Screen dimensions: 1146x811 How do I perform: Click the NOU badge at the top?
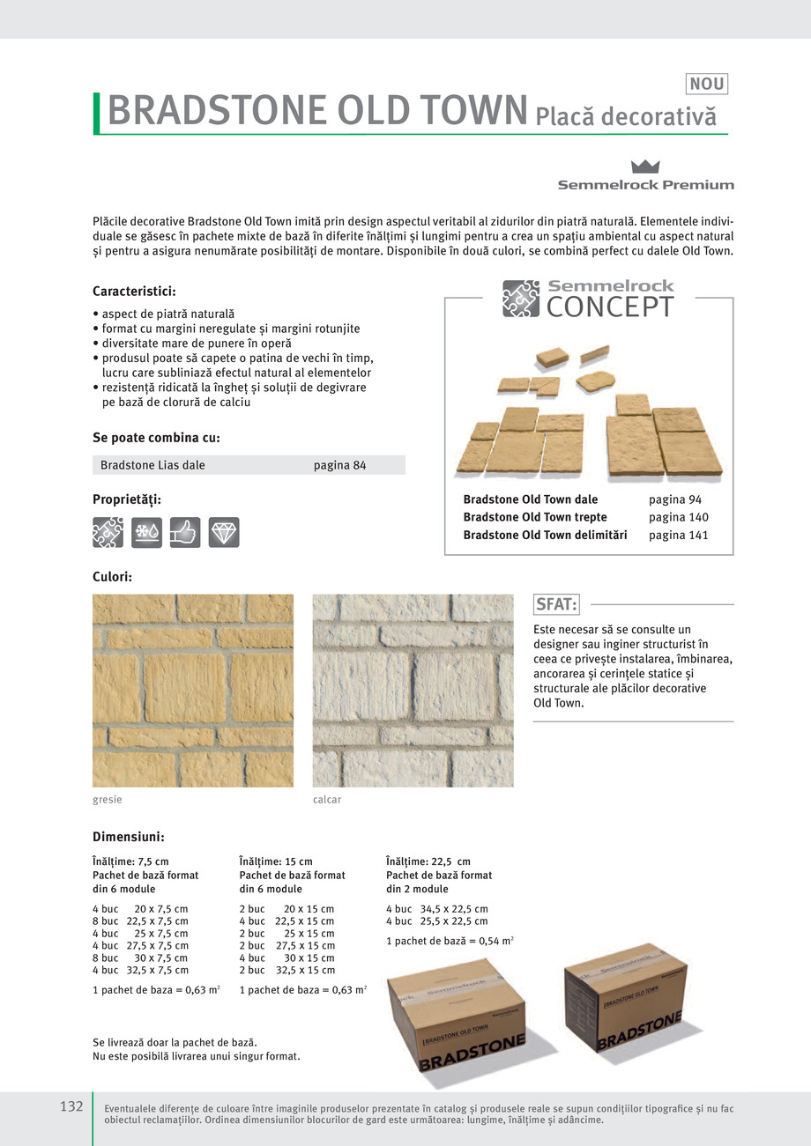tap(706, 85)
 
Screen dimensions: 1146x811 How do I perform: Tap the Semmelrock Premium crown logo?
tap(646, 166)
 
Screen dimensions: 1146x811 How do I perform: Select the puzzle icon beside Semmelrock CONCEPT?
tap(520, 298)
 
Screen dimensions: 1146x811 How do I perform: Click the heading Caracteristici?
tap(135, 291)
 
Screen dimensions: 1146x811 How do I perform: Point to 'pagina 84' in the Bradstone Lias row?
tap(339, 465)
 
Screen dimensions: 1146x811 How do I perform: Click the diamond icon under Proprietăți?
tap(224, 532)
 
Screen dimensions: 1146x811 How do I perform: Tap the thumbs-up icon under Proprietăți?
tap(185, 532)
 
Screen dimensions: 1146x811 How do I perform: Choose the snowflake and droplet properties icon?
tap(146, 532)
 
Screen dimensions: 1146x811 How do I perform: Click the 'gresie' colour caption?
tap(107, 800)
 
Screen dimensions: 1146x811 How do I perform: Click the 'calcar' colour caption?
tap(326, 800)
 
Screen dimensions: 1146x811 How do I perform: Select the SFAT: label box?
tap(557, 604)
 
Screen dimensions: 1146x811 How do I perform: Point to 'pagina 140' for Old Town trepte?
tap(678, 517)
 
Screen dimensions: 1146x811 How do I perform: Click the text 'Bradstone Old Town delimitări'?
tap(545, 535)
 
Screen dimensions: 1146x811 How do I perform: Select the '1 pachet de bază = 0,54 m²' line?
tap(450, 941)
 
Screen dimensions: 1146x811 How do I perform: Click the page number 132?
tap(71, 1106)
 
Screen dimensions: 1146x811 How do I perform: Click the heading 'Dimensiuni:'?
tap(129, 837)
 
